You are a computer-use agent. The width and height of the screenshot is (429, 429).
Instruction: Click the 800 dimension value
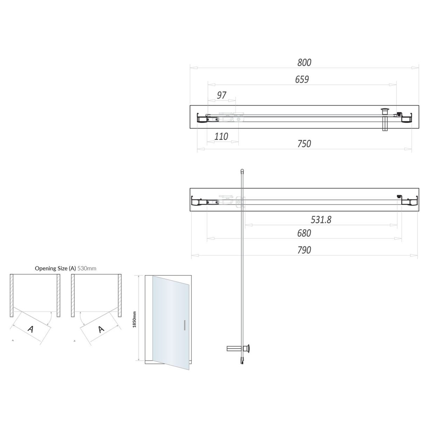pos(304,63)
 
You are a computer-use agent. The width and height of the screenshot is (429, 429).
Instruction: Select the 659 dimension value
pos(302,80)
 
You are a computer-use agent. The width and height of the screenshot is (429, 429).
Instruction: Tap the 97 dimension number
pos(222,95)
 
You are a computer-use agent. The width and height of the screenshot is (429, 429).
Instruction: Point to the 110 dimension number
pos(221,136)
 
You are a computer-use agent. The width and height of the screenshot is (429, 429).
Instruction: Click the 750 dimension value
pos(304,144)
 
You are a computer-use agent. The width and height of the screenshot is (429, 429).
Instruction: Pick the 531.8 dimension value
pos(321,220)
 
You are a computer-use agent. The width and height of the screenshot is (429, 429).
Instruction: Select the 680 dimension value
pos(304,233)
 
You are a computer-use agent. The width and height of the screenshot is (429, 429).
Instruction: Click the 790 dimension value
pos(304,250)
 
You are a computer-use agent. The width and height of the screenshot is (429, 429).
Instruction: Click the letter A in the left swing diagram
pos(31,329)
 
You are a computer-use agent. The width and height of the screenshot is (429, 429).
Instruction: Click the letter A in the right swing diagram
pos(101,329)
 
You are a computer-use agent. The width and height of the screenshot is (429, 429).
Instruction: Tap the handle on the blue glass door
pos(184,325)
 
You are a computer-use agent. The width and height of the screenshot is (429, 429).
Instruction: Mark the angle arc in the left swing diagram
pos(52,319)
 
